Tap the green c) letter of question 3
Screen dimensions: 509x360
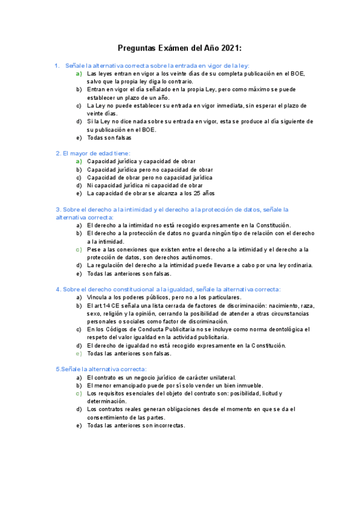79,249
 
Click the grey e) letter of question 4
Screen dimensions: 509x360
79,354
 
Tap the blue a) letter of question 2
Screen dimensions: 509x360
79,161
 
